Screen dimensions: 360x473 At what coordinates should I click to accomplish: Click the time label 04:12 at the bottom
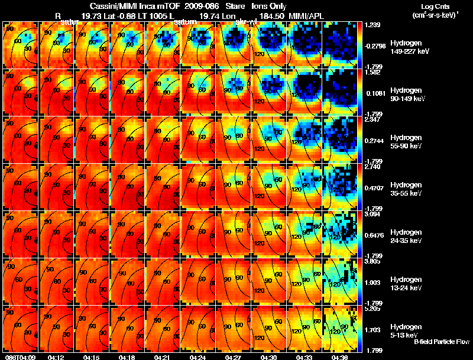[x=56, y=357]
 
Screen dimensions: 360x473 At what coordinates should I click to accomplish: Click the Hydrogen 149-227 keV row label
[x=406, y=47]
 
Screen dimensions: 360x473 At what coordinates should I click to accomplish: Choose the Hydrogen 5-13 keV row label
[x=405, y=330]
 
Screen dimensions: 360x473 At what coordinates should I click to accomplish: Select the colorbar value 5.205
[x=372, y=309]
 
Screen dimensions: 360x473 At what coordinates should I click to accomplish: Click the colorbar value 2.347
[x=372, y=120]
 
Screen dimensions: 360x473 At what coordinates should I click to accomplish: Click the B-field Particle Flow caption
[x=441, y=342]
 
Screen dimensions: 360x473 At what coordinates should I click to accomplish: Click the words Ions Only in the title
[x=269, y=6]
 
